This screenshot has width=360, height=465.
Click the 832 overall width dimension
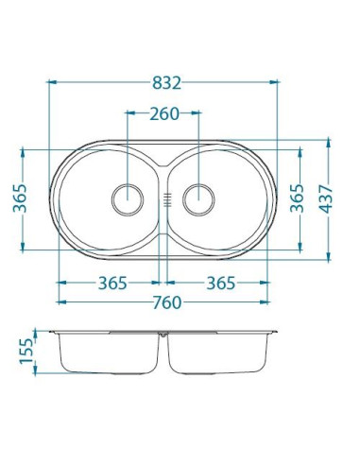[x=162, y=83]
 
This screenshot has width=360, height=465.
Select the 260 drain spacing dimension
[x=163, y=114]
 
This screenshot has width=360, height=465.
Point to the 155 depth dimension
[x=26, y=354]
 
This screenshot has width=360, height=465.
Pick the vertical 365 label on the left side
[x=21, y=198]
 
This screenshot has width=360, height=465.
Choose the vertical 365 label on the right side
[x=297, y=198]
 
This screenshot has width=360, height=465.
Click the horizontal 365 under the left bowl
[x=111, y=283]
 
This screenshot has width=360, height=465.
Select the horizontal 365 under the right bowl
[x=219, y=283]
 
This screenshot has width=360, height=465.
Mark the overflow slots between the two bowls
[x=163, y=198]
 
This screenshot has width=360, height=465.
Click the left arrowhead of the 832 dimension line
[x=50, y=83]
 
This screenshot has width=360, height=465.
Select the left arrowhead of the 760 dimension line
[x=61, y=302]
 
